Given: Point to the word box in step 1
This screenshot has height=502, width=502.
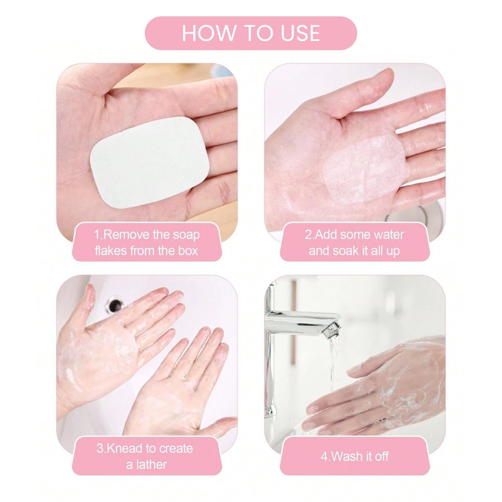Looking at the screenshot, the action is point(188,251).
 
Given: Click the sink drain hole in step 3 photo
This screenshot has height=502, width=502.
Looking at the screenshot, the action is point(114,304).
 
